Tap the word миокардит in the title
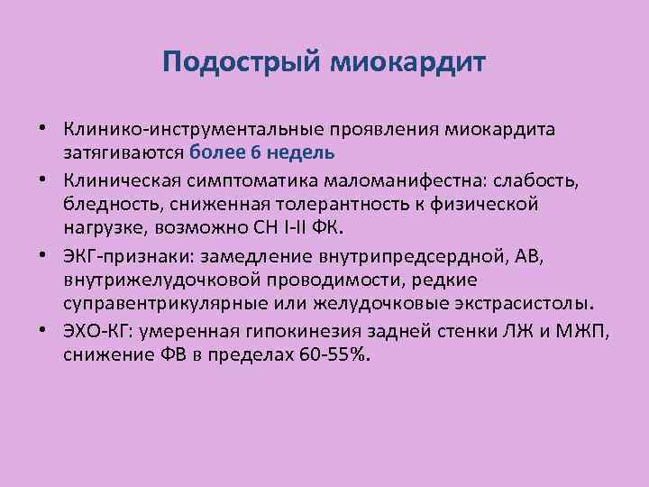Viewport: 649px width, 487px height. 409,63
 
